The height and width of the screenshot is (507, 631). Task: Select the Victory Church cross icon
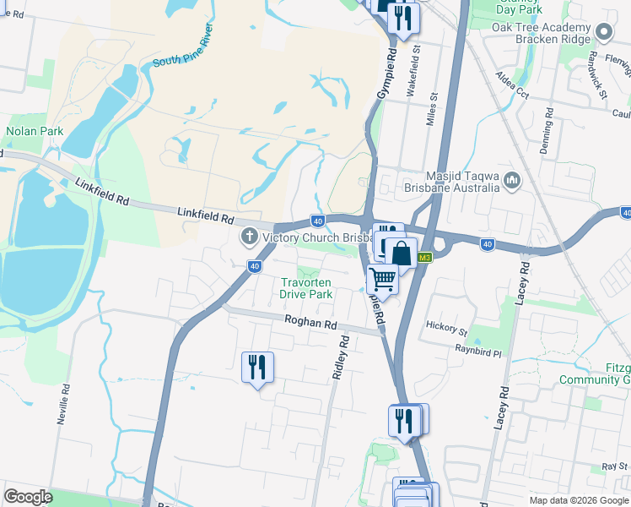(x=249, y=236)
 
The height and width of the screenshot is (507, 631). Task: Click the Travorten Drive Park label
(x=306, y=288)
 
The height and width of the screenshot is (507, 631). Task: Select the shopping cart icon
(x=383, y=278)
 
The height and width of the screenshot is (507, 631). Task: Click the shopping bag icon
(x=403, y=253)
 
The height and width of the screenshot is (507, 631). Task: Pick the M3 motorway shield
(x=425, y=258)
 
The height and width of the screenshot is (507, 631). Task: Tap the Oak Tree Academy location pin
(x=603, y=33)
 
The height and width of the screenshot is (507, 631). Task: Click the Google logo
(x=28, y=497)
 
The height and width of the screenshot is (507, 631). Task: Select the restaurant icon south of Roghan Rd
(x=257, y=367)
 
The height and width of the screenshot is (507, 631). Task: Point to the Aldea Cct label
(x=513, y=88)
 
